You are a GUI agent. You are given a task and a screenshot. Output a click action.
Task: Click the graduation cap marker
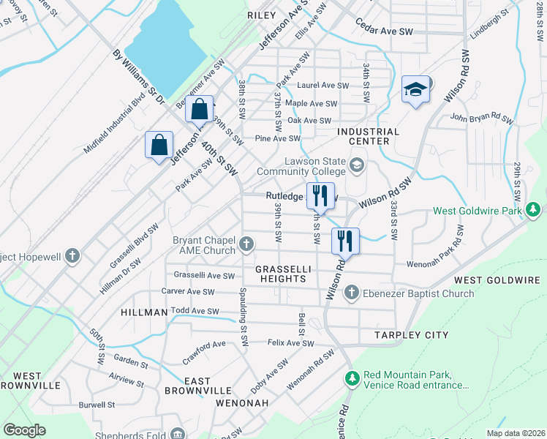pos(415,90)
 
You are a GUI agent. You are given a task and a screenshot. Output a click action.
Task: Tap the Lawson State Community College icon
pos(357,164)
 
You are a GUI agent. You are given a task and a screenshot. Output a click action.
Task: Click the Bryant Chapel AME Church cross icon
pos(247,243)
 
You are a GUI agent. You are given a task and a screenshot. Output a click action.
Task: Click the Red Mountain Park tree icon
pos(352,379)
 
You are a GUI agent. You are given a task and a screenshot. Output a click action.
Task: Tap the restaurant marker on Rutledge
pos(320,195)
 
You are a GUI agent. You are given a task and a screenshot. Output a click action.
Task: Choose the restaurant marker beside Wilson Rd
pos(345,241)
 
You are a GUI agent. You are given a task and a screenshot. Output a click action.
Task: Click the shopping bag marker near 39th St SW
pos(199,110)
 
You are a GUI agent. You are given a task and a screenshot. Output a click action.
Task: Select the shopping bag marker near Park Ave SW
pos(159,145)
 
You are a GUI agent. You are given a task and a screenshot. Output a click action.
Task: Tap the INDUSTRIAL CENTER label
pos(369,137)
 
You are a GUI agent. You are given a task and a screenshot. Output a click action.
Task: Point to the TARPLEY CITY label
pos(412,335)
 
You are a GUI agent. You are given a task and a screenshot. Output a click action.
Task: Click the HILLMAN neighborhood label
pos(144,312)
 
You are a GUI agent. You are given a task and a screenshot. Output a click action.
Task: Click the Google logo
pos(25,430)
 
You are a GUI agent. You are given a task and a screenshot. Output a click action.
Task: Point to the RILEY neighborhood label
pos(261,15)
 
